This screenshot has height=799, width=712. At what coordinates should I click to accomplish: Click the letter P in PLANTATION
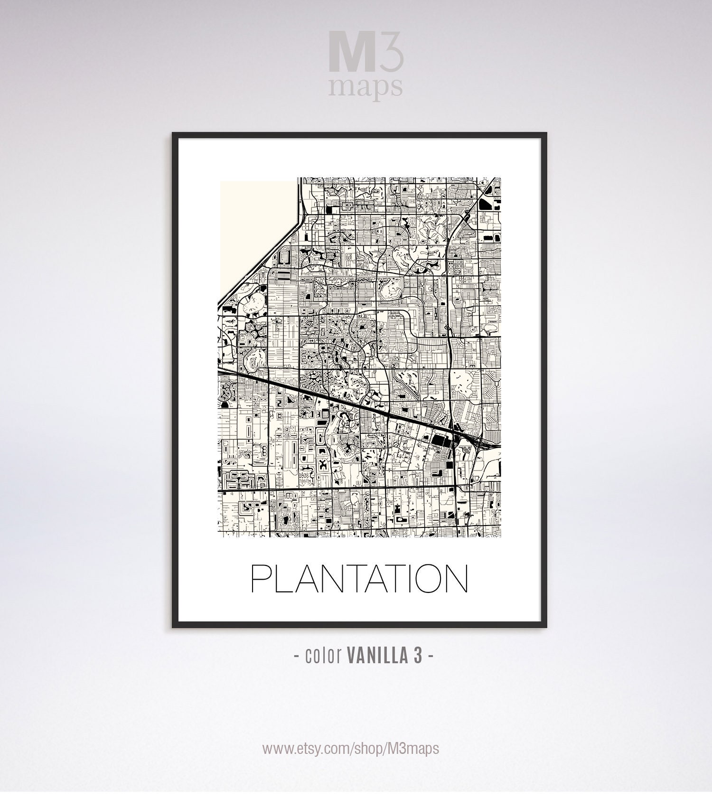(260, 579)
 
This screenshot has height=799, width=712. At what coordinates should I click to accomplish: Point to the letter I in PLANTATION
(398, 579)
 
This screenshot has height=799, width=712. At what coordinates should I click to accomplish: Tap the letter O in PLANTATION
(422, 579)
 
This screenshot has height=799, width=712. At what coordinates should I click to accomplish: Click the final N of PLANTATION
(456, 579)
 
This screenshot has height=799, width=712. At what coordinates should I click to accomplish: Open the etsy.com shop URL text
(351, 749)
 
